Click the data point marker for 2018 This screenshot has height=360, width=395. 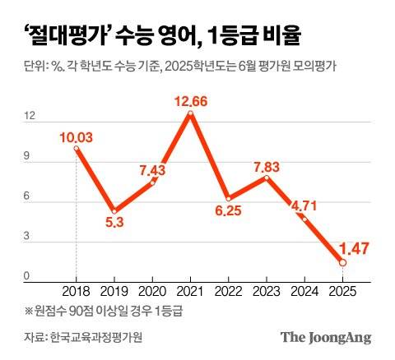click(77, 149)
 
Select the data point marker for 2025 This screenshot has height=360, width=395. click(343, 262)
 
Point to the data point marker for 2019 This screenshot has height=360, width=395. click(115, 211)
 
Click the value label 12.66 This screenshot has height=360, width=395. click(191, 102)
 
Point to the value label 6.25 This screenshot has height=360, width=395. click(230, 211)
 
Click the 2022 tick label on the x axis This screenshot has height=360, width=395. click(229, 291)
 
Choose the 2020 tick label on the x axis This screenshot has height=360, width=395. click(153, 291)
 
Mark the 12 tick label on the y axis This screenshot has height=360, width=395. click(30, 117)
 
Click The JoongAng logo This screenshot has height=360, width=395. click(326, 337)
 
